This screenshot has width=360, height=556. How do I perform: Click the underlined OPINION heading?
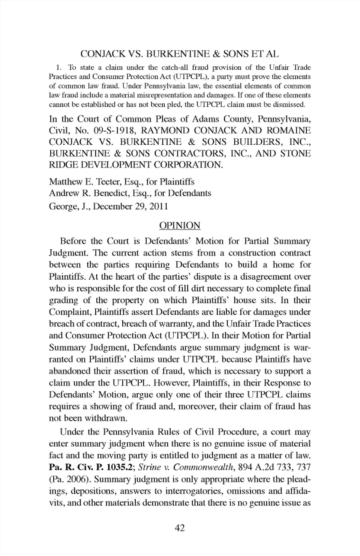(x=180, y=225)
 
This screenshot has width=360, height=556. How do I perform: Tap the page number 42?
(x=180, y=528)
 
